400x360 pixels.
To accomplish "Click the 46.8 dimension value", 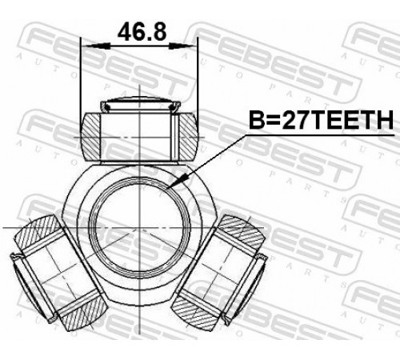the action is (x=142, y=32).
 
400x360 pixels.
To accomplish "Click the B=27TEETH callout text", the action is (x=321, y=120).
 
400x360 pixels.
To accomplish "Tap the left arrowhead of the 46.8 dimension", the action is (x=97, y=46).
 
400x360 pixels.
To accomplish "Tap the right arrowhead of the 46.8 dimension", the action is (x=182, y=46).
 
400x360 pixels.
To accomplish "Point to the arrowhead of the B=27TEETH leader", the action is (x=178, y=181).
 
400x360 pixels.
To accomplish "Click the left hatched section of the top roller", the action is (x=90, y=137).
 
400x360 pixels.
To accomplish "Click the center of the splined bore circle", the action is (x=139, y=228).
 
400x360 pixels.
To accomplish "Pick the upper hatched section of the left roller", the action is (x=38, y=230).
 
